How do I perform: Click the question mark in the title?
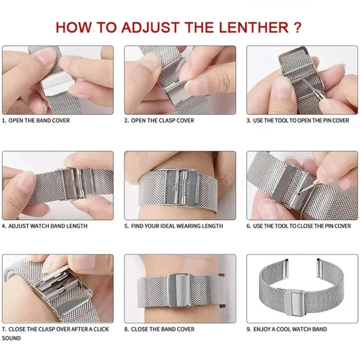click(x=297, y=27)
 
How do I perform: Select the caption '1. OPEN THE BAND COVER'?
click(x=36, y=121)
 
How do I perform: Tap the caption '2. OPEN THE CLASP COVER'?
click(x=159, y=121)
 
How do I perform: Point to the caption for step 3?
click(x=297, y=121)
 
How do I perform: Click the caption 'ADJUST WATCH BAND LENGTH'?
click(x=45, y=226)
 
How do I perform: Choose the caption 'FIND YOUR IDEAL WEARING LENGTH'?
click(x=174, y=226)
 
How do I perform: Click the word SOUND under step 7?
click(x=11, y=338)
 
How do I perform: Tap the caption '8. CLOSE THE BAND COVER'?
click(x=159, y=329)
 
